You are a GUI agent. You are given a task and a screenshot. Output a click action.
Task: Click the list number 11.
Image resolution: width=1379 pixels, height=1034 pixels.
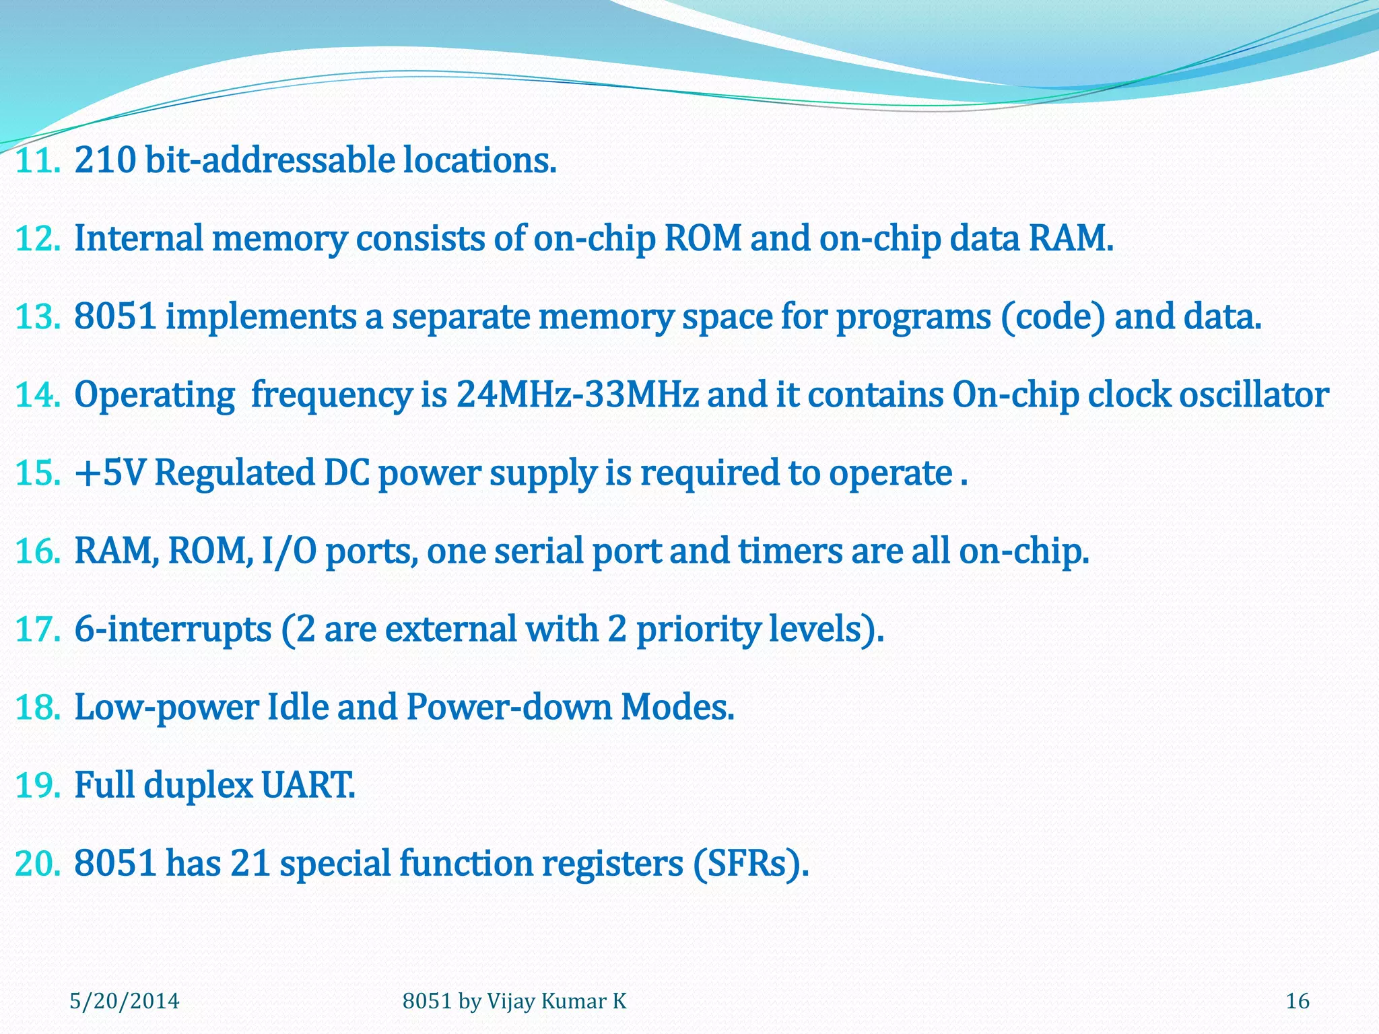37,161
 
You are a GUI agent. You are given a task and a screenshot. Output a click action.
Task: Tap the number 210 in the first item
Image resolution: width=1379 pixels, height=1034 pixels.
105,161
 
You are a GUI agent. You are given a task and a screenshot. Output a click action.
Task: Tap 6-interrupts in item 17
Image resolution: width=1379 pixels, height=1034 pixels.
172,629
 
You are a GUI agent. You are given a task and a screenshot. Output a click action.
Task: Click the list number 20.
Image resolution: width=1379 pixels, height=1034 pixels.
37,864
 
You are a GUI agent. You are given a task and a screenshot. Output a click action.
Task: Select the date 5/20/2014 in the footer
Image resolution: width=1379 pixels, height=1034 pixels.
125,1001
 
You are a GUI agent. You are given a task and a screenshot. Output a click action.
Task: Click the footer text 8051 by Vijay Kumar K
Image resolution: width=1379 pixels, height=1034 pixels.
514,1001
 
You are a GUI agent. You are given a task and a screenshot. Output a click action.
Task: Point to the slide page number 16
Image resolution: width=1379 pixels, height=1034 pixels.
1298,1001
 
